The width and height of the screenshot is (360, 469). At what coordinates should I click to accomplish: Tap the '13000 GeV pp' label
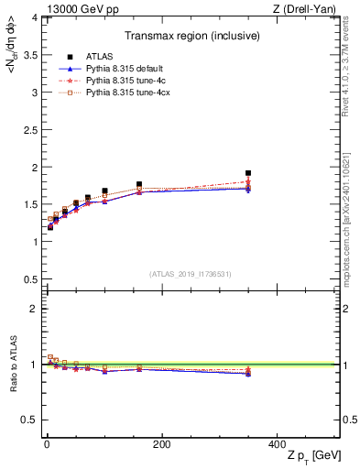(x=70, y=9)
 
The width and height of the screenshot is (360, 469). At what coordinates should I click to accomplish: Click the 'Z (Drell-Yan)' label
(x=311, y=9)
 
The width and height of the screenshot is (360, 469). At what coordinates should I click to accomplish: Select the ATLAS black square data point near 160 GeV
(x=139, y=184)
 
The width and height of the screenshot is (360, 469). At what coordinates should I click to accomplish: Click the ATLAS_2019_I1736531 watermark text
(x=190, y=274)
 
